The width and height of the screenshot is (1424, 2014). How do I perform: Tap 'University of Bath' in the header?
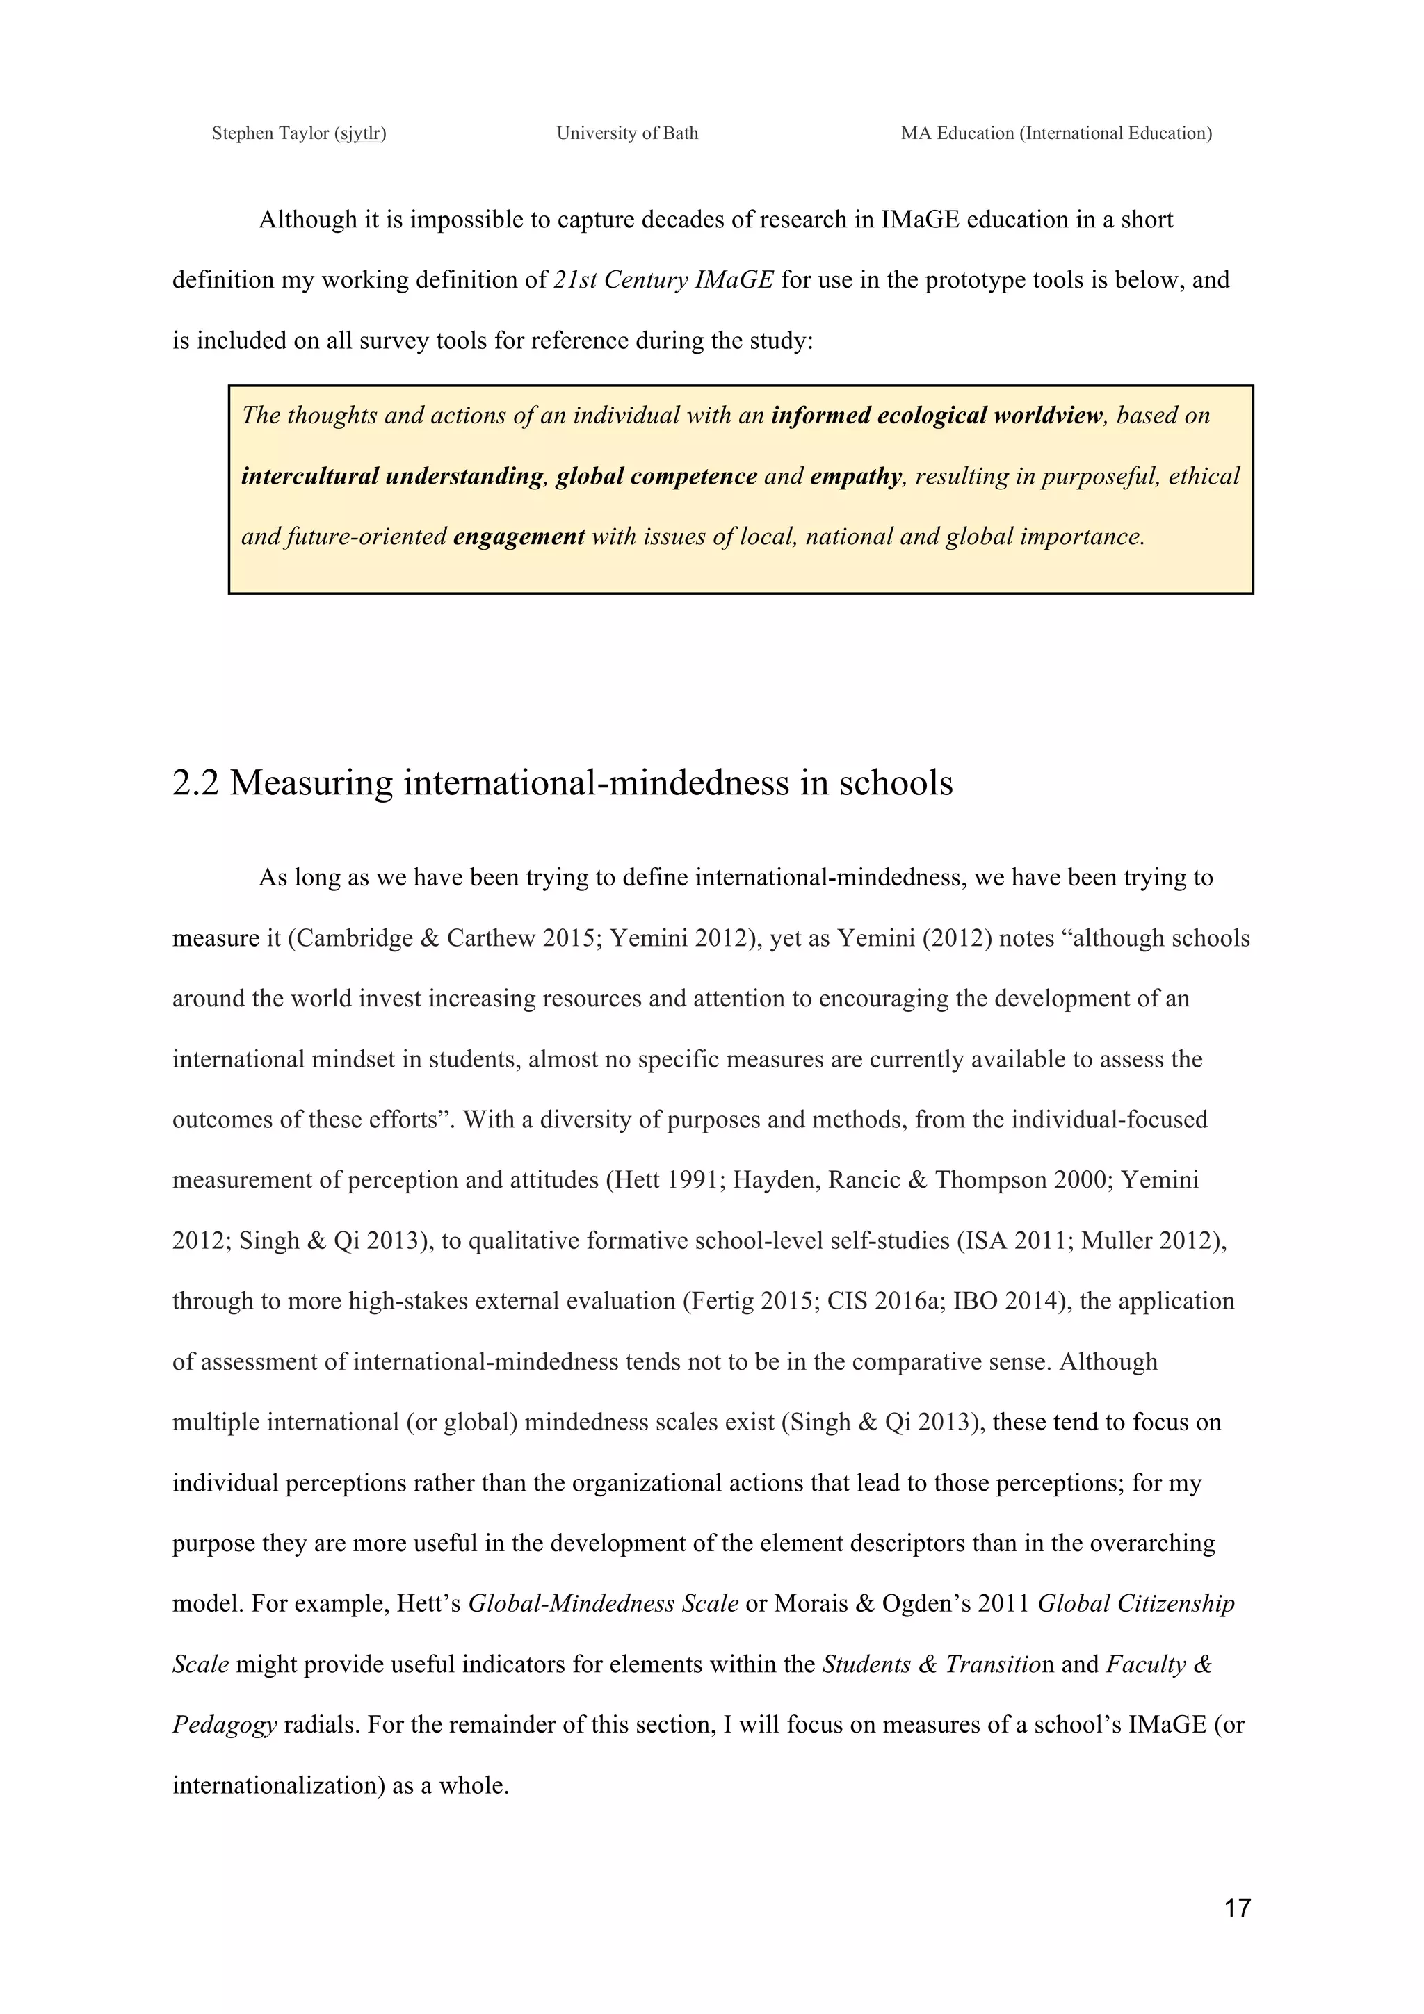627,133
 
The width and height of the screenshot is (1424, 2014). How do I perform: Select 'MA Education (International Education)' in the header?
1056,133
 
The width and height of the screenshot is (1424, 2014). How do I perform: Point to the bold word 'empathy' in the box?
855,476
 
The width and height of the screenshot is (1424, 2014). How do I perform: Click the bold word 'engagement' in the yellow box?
519,537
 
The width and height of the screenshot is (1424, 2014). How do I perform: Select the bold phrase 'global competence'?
656,476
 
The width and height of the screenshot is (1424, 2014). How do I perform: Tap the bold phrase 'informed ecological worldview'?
936,416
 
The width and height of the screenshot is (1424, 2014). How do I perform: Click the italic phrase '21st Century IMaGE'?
663,280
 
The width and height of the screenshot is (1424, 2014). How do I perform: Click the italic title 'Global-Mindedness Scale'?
603,1603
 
